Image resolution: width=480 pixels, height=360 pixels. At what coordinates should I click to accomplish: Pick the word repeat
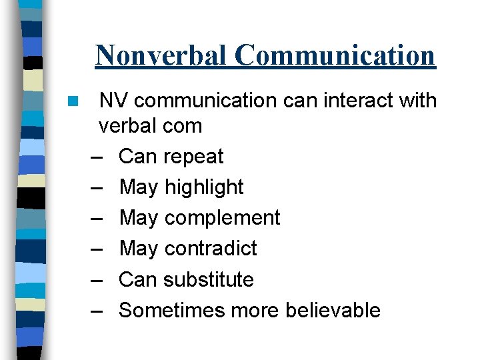coord(193,157)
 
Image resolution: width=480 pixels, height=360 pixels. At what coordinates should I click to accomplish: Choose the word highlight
coord(204,188)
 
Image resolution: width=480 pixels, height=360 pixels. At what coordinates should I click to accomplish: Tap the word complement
coord(222,219)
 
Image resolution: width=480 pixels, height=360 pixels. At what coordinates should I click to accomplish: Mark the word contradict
coord(210,249)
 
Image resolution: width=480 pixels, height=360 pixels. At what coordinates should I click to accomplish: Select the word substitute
coord(209,279)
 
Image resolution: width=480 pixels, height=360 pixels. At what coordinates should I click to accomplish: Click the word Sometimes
coord(171,310)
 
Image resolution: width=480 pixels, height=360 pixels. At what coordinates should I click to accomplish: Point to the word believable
coord(333,310)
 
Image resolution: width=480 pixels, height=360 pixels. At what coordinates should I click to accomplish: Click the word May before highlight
coord(138,188)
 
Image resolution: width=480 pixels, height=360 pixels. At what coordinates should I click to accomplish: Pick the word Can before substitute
coord(137,279)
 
